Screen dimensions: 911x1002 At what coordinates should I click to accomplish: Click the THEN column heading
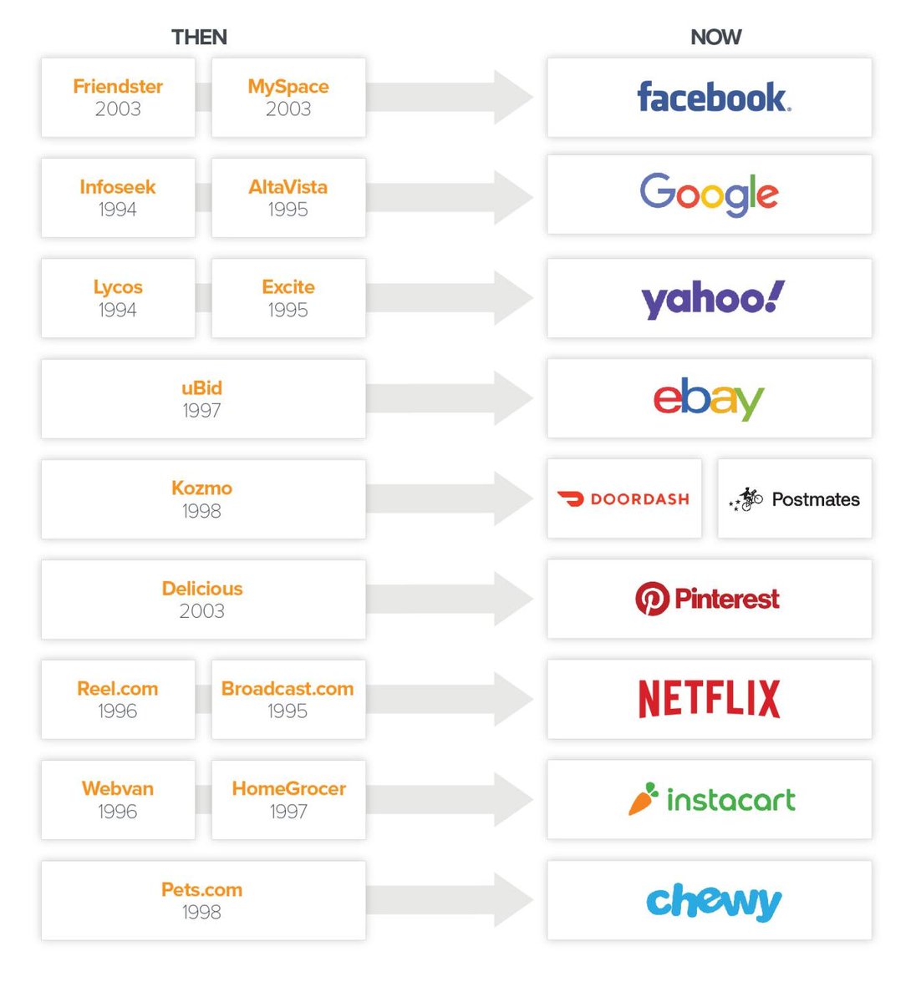199,37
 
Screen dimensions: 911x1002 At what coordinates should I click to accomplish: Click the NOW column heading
715,37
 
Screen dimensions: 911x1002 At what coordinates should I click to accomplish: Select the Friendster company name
118,87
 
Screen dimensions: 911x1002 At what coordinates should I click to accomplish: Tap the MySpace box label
288,87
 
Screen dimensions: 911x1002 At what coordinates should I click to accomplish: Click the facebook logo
713,98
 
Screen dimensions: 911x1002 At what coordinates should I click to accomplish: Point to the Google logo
709,194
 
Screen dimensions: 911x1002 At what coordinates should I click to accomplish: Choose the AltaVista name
288,187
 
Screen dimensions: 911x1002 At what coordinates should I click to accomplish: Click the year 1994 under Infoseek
118,210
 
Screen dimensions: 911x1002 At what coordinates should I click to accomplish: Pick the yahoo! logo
712,299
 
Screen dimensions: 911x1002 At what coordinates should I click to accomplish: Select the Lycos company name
118,287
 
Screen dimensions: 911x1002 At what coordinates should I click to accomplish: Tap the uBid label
202,388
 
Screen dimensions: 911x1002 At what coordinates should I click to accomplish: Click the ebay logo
709,399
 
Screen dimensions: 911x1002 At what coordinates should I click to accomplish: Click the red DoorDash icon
571,499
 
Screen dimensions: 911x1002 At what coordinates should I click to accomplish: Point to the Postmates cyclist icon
747,499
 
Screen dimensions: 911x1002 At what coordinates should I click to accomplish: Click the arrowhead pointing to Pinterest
512,599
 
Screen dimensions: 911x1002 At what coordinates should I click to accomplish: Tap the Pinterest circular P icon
652,599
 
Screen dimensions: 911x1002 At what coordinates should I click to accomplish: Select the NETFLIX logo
709,699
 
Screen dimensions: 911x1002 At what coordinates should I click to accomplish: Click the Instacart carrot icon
643,800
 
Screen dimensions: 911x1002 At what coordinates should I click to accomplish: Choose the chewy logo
713,902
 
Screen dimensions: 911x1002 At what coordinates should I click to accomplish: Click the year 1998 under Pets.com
202,912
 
